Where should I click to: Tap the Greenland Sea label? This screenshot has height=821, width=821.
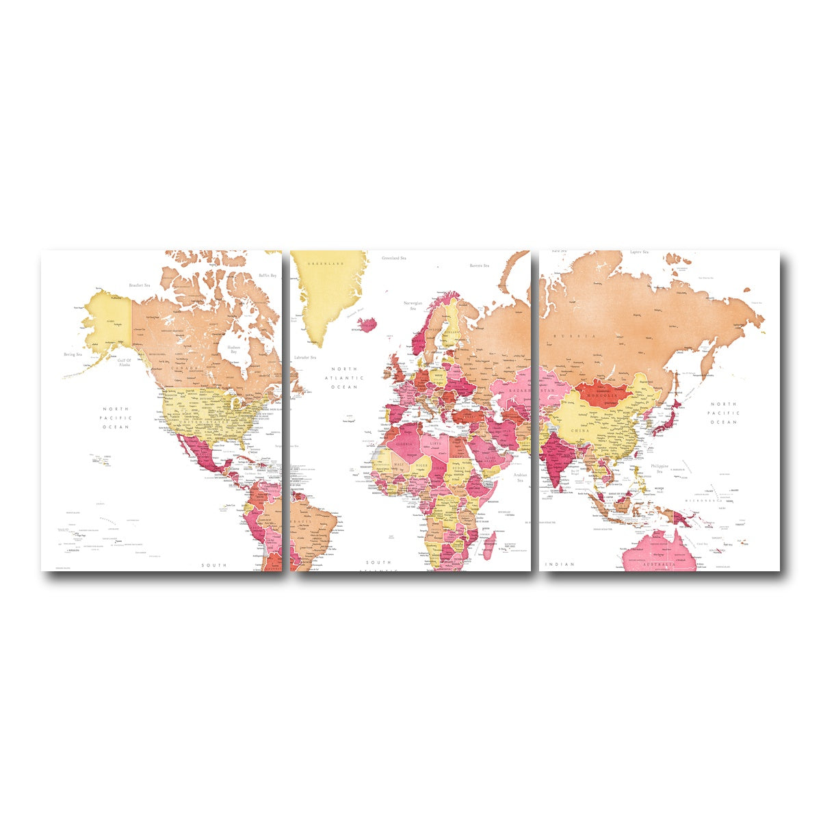(394, 258)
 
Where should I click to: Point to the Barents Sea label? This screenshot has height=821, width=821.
(479, 265)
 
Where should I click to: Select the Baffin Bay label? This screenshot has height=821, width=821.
(268, 276)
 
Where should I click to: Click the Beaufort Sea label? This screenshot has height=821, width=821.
(139, 285)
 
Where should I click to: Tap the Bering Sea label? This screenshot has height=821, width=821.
(73, 354)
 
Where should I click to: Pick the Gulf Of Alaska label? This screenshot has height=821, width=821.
(124, 363)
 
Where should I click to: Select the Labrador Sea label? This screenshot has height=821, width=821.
(304, 358)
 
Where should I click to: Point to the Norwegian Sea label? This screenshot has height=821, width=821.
(413, 305)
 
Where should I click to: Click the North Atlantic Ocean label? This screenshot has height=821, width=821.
(344, 378)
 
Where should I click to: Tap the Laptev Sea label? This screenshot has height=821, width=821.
(639, 253)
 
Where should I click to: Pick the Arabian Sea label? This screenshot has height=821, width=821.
(521, 477)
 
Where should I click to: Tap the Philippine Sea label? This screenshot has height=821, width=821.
(660, 468)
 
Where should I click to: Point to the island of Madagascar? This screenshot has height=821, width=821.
(490, 545)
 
